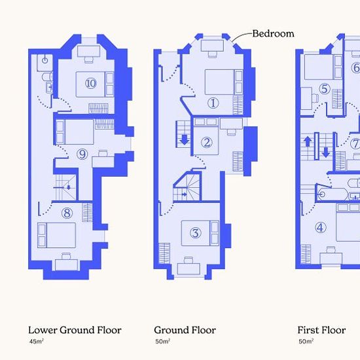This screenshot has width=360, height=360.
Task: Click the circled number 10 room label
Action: coord(91,83)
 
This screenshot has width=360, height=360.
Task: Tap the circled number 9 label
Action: coord(82,154)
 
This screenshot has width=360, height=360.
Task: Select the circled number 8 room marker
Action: coord(67,213)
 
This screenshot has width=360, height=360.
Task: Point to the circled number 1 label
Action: coord(213,103)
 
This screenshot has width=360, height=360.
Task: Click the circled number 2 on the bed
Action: coord(207,142)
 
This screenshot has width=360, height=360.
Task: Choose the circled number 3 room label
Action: coord(196,233)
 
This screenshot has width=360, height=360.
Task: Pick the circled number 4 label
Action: coord(320,228)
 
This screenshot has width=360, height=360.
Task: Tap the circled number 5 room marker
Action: coord(325,88)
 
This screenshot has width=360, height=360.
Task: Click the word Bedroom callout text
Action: coord(273,33)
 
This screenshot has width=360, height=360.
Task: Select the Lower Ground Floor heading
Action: coord(75,330)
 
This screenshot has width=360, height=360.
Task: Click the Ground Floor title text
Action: coord(185,330)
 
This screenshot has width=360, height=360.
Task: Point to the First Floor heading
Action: coord(321,330)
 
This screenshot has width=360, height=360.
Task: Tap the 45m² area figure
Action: coord(36,341)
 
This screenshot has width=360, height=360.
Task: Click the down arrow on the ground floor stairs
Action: coord(185,140)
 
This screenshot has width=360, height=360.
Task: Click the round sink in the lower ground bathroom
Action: coord(45,60)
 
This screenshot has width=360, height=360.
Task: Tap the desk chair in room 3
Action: coord(189,260)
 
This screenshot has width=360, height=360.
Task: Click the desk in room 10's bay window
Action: coord(88,51)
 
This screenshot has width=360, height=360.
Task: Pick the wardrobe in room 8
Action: coord(87,212)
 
